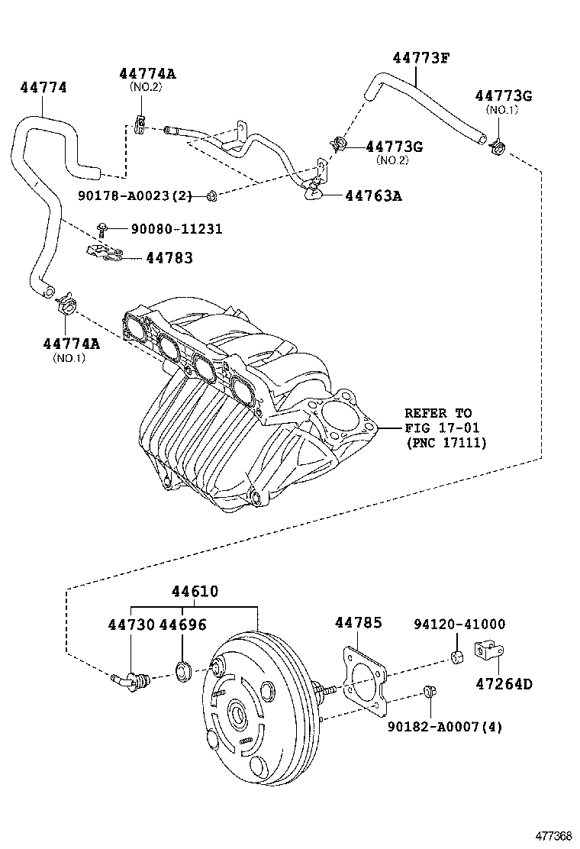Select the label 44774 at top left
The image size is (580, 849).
tap(43, 88)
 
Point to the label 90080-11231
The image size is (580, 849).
tap(166, 228)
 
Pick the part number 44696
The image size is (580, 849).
tap(182, 625)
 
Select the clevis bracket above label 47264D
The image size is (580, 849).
tap(488, 651)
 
